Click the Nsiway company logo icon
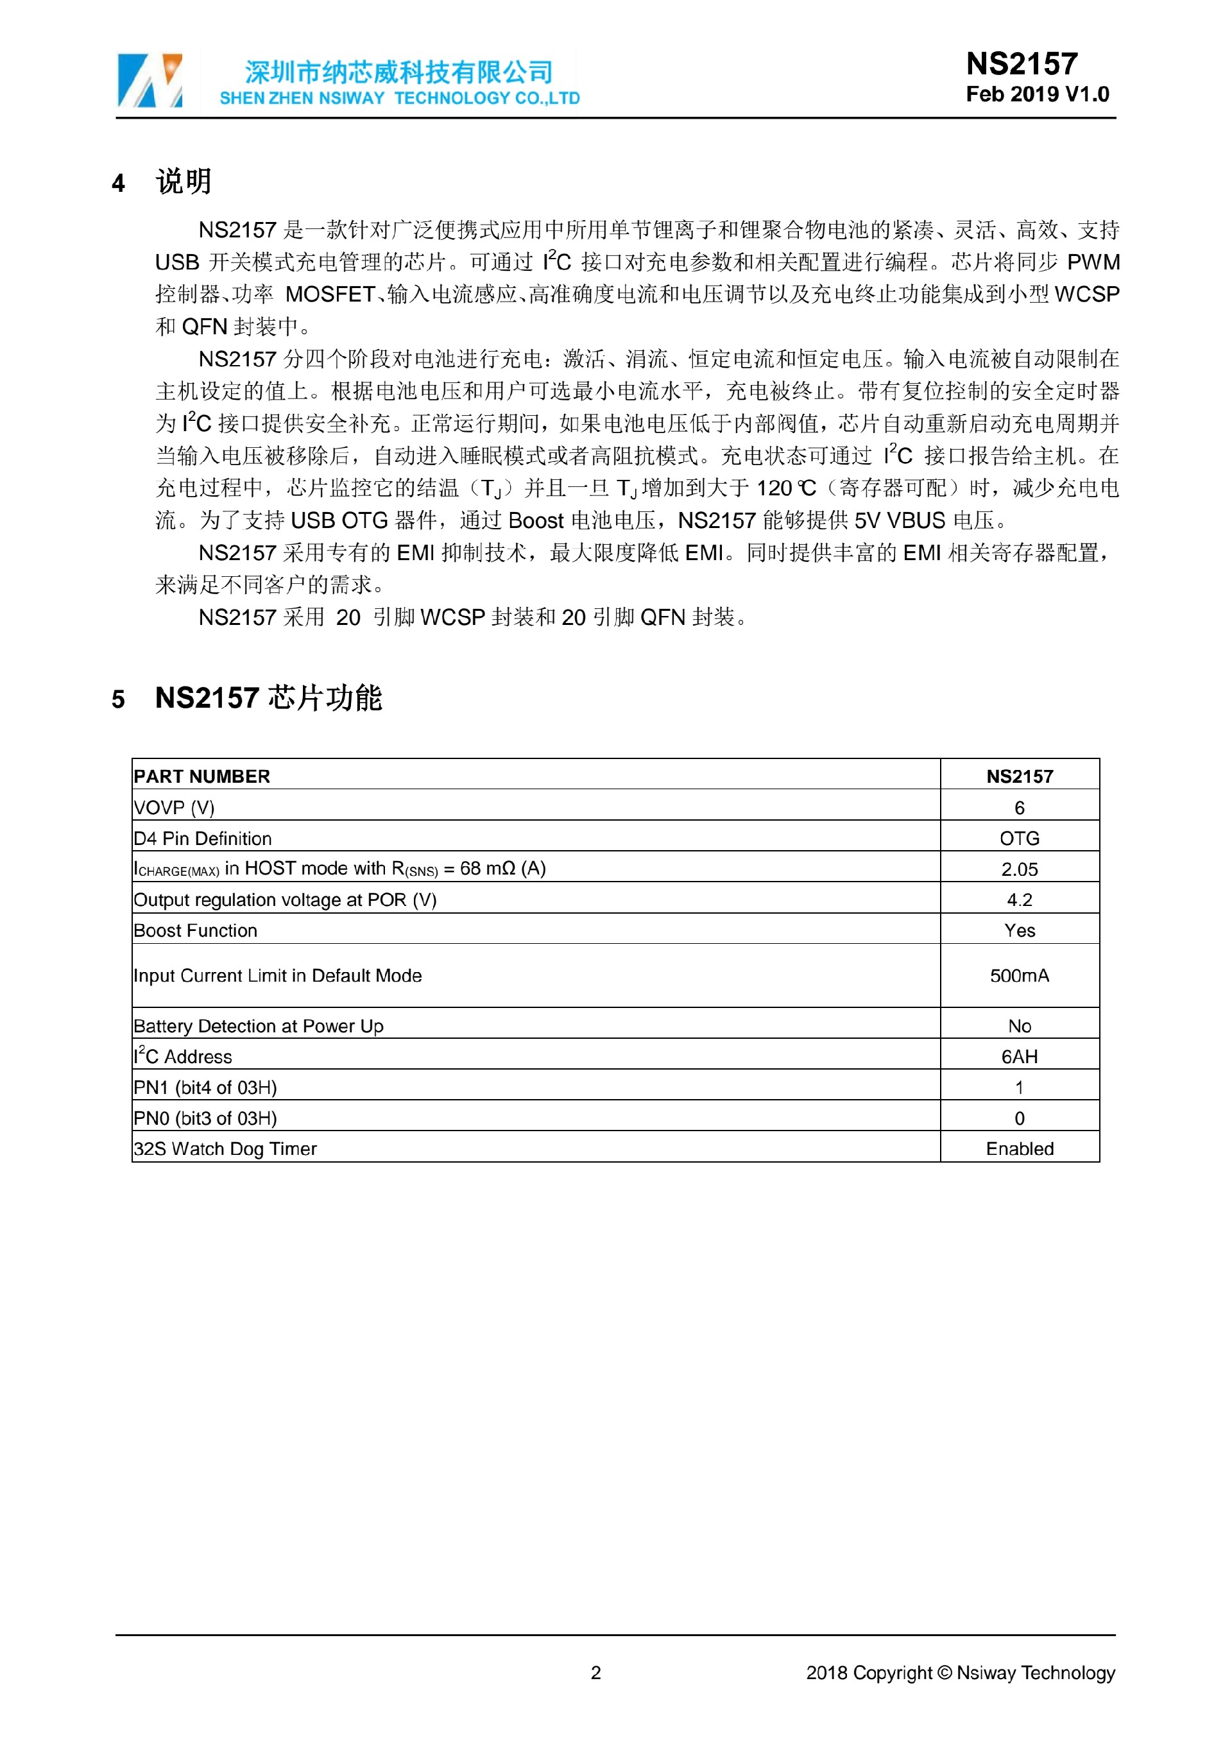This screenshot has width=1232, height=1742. click(x=150, y=80)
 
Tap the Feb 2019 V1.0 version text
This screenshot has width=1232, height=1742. click(x=1037, y=94)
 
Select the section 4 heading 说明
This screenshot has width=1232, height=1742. click(x=184, y=182)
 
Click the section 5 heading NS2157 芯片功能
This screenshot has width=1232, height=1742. click(x=269, y=697)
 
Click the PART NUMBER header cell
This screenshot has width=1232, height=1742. click(x=201, y=776)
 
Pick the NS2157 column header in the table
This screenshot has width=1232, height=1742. click(x=1020, y=776)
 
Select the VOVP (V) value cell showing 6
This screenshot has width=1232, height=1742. click(x=1020, y=807)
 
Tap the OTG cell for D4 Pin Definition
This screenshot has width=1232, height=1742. click(x=1020, y=839)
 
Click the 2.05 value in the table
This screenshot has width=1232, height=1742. click(x=1020, y=869)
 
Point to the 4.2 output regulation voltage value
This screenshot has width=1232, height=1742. click(x=1020, y=900)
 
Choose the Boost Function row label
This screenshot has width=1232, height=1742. click(x=196, y=930)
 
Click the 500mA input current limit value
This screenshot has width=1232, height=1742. click(x=1020, y=976)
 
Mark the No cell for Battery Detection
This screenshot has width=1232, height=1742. click(x=1020, y=1026)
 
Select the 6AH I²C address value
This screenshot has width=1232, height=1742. click(x=1020, y=1056)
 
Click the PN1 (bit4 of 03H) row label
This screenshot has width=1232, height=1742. click(x=205, y=1088)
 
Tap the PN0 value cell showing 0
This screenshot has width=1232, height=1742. click(x=1020, y=1118)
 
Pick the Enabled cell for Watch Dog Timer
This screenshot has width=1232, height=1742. click(x=1020, y=1149)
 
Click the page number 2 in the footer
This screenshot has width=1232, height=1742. click(x=595, y=1672)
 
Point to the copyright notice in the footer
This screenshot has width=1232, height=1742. click(x=961, y=1672)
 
